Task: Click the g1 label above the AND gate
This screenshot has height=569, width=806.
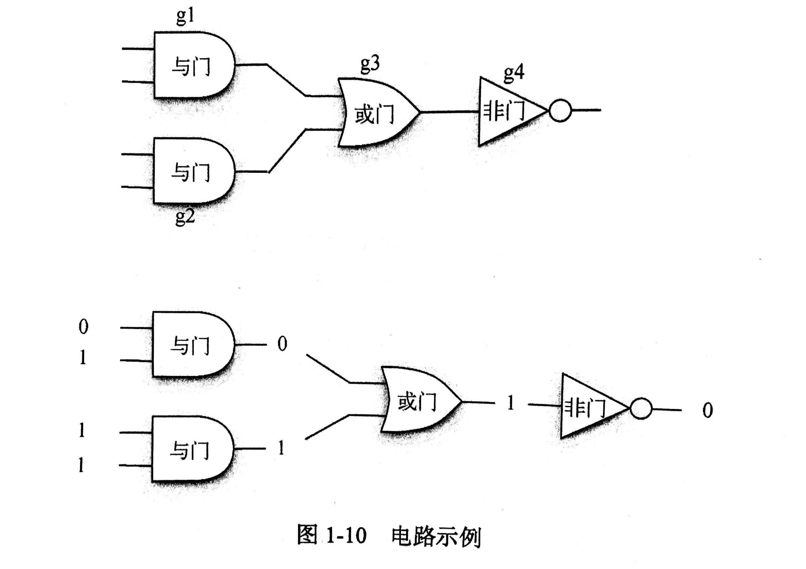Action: (x=185, y=17)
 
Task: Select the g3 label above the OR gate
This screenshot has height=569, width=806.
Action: (x=370, y=64)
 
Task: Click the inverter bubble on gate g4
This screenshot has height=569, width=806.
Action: (x=560, y=111)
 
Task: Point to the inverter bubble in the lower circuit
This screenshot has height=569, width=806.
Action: (x=641, y=409)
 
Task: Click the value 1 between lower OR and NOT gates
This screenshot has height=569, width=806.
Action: (x=511, y=403)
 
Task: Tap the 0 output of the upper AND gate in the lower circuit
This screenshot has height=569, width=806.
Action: (x=282, y=344)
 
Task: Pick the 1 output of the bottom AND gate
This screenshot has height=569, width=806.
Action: (x=281, y=448)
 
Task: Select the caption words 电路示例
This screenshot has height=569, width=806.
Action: (x=436, y=536)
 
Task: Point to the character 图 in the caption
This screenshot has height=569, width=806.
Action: (x=307, y=535)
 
